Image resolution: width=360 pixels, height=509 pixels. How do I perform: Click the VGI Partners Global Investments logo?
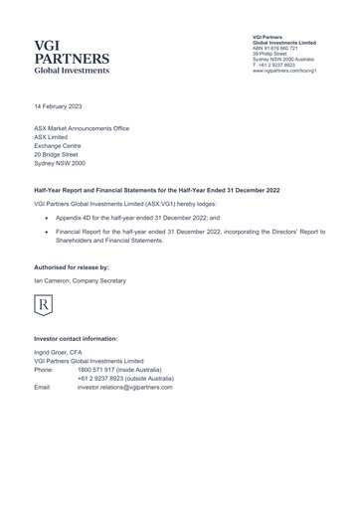pyautogui.click(x=72, y=58)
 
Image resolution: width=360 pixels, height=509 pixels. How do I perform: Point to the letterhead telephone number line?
pyautogui.click(x=280, y=66)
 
